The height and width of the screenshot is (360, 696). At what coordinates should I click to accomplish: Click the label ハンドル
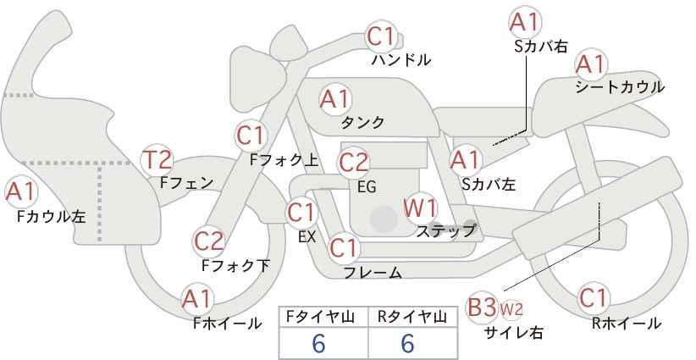point(401,60)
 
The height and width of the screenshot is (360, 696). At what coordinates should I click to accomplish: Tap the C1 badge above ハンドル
point(381,36)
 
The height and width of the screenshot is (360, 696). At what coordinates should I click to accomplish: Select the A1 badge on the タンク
point(335,100)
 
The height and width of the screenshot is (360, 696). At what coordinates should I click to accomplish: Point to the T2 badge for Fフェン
point(157,160)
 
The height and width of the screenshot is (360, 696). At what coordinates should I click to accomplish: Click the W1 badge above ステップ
point(420,208)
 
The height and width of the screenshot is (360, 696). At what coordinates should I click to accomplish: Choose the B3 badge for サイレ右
point(482,307)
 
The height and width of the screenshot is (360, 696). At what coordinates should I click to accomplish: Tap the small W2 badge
point(511,309)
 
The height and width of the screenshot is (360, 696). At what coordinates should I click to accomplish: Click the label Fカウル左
point(52,217)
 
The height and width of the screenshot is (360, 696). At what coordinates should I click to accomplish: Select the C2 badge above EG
point(353,163)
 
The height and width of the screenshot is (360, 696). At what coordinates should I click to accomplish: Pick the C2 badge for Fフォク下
point(208,242)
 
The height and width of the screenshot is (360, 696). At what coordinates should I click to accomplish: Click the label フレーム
point(373,273)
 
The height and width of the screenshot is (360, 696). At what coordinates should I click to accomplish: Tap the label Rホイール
point(627,324)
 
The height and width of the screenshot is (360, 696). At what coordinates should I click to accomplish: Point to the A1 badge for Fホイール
point(197,300)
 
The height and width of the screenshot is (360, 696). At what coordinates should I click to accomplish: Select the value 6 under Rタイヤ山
point(407,343)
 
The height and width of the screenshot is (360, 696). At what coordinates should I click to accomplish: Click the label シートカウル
point(620,87)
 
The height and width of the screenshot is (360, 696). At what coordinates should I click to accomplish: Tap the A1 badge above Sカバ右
point(525,21)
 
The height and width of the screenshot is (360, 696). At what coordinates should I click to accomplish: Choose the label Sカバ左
point(489,184)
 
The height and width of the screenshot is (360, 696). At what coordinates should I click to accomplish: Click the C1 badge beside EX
point(301,213)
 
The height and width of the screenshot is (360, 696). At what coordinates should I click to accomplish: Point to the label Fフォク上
point(284,160)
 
